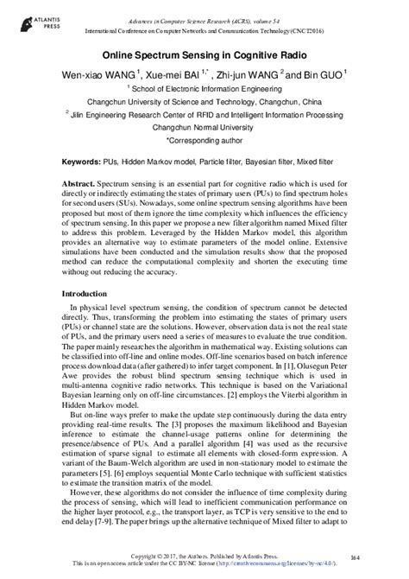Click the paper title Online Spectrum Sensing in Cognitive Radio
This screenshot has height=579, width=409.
pos(204,54)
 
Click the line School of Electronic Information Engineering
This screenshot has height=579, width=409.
pos(204,87)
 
